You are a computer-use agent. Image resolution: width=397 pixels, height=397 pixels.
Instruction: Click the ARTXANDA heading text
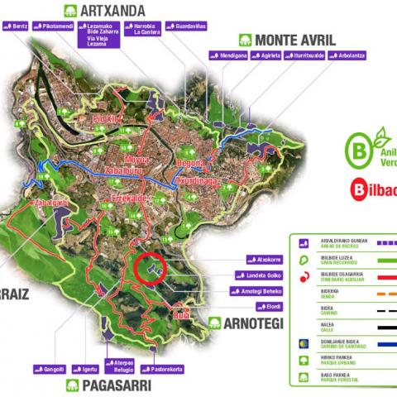[114, 11]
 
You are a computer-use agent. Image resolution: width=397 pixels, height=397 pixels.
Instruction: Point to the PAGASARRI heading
[113, 385]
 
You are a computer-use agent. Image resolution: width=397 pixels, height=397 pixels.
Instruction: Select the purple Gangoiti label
[50, 368]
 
